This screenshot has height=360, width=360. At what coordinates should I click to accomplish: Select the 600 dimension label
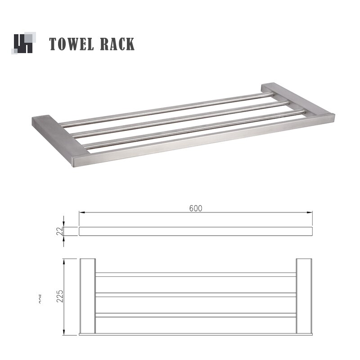tap(195, 208)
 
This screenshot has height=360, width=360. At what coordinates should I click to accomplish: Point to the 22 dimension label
tap(59, 231)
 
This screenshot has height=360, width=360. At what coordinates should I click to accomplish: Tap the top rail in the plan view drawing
tap(195, 274)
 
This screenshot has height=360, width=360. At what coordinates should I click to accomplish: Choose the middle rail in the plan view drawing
tap(195, 295)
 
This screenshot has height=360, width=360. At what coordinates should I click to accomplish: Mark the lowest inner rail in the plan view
tap(195, 315)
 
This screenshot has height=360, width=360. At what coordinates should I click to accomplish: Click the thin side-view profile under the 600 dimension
tap(195, 231)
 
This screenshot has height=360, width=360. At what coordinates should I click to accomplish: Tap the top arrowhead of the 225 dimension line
tap(64, 261)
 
